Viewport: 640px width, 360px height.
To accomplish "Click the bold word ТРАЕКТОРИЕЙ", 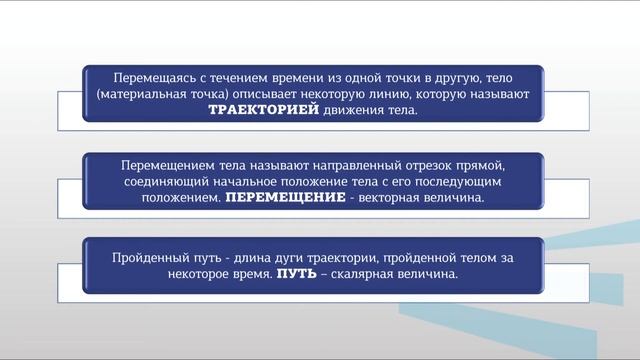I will click(264, 111).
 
